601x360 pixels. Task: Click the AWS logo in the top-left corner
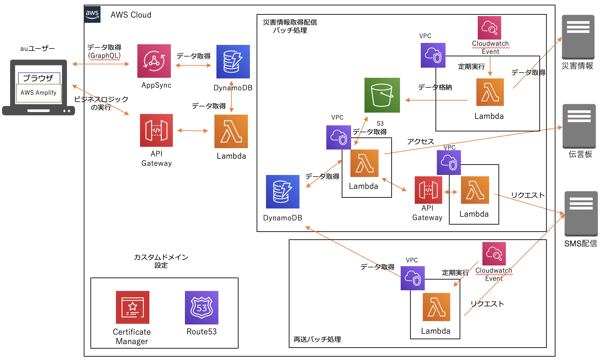point(92,14)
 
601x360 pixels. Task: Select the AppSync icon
point(154,61)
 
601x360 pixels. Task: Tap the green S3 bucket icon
point(382,95)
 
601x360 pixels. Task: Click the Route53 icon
point(201,307)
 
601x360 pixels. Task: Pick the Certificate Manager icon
point(132,307)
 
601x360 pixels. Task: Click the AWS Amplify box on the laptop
point(39,93)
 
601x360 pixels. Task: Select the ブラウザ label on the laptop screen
point(39,78)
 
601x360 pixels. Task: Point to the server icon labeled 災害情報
point(578,37)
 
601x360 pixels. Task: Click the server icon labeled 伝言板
point(579,126)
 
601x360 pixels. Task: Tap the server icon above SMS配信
point(581,214)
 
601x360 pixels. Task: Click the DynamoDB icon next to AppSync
point(233,62)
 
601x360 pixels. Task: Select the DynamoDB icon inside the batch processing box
point(282,192)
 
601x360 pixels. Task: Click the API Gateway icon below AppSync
point(156,130)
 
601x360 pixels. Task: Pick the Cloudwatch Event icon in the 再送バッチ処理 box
point(494,254)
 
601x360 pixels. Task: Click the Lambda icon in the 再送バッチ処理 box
point(436,307)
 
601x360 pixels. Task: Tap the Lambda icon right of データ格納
point(490,92)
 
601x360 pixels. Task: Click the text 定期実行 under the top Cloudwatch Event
point(471,67)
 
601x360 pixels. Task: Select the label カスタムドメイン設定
point(161,261)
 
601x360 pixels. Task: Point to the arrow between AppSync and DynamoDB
point(193,65)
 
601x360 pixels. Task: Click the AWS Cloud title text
point(131,15)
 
